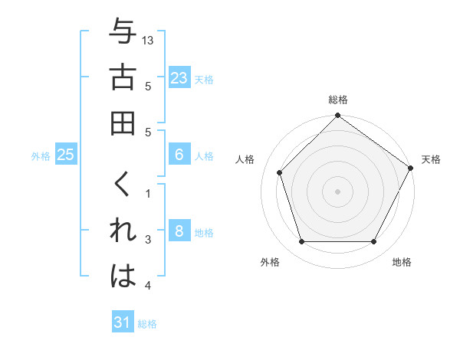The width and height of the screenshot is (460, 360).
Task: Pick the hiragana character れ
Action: point(122,231)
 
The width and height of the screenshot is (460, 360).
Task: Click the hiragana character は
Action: point(122,277)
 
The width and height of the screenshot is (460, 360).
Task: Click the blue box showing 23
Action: point(179,78)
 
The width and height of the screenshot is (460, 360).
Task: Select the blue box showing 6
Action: point(179,155)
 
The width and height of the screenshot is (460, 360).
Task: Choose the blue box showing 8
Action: point(179,231)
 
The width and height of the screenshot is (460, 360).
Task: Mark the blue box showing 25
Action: point(66,155)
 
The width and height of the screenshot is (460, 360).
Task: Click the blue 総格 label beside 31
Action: point(147,324)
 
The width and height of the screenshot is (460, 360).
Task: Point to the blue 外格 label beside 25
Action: point(41,156)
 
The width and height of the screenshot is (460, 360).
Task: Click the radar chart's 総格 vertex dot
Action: point(337,116)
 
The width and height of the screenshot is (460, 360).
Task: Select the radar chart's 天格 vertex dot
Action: point(410,168)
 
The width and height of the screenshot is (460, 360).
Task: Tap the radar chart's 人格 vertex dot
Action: point(280,172)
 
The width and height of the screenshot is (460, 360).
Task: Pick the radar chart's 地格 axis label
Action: point(402,263)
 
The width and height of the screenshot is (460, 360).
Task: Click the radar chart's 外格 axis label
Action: point(270,263)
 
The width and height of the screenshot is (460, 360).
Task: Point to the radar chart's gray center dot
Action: point(337,191)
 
